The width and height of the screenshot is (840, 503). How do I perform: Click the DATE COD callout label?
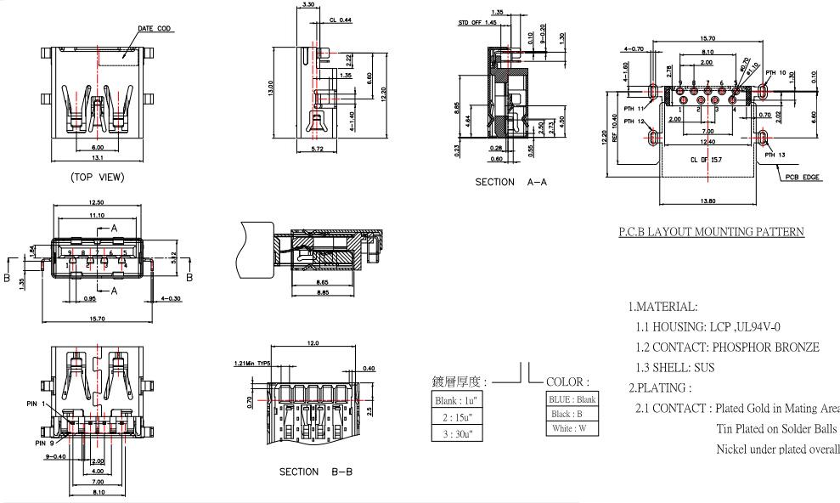pos(154,29)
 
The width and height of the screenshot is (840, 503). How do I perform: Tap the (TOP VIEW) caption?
pos(100,178)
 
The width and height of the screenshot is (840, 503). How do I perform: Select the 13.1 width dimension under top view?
pos(99,158)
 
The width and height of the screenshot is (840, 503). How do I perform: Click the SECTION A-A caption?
pos(507,182)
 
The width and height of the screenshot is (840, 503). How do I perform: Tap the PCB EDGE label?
pos(802,178)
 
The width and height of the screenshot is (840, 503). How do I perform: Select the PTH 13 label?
pos(775,155)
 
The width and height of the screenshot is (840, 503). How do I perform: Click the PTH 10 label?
pos(775,73)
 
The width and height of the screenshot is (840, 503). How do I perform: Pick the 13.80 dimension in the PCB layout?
pos(707,201)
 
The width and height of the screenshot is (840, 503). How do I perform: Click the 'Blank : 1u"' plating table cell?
pos(459,400)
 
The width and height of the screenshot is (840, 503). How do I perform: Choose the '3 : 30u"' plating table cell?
pos(459,432)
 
